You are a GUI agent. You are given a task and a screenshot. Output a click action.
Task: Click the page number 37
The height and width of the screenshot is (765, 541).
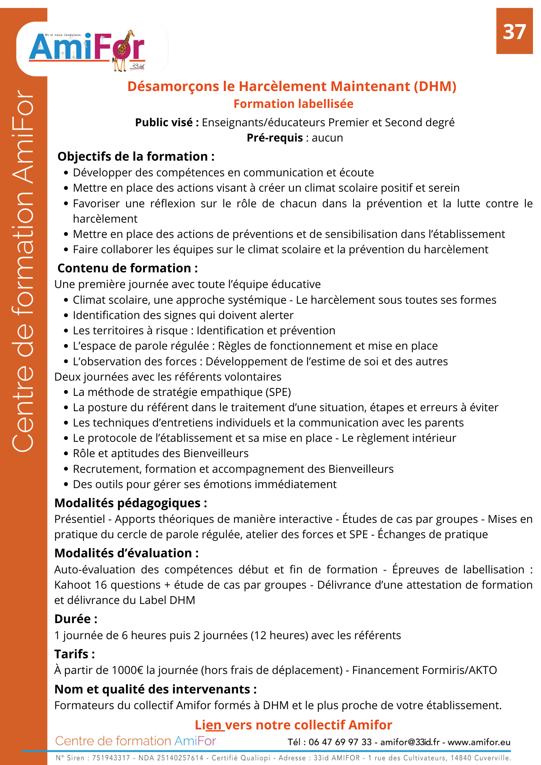click(x=514, y=32)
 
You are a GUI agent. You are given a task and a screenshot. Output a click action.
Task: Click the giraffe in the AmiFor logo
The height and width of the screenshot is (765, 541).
click(x=123, y=52)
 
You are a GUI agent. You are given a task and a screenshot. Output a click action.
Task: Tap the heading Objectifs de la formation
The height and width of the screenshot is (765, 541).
click(x=136, y=156)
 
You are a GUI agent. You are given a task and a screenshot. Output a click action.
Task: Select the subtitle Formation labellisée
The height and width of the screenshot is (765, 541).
click(x=293, y=104)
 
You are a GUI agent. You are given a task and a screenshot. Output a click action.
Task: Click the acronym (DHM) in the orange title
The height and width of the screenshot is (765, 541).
click(x=435, y=86)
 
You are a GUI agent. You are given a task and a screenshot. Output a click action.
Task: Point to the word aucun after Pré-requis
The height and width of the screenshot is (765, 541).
click(x=327, y=138)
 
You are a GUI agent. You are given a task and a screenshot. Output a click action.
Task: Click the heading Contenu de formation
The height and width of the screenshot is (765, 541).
click(x=127, y=268)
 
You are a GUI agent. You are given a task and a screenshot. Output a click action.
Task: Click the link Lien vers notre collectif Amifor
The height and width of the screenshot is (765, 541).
click(x=293, y=725)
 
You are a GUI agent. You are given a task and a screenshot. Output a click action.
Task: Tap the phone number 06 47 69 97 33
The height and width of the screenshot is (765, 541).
click(x=340, y=742)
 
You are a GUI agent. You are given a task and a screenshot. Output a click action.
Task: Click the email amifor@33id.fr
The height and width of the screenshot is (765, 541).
click(x=410, y=742)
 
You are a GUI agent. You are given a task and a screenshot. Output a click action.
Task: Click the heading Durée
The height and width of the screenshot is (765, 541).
click(x=76, y=619)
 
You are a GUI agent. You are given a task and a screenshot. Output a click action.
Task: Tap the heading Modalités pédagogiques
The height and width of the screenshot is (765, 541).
click(x=130, y=503)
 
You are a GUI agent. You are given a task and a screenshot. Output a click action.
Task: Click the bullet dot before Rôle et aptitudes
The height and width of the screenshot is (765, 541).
click(x=66, y=454)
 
